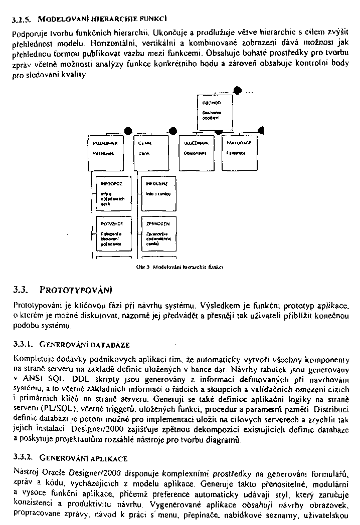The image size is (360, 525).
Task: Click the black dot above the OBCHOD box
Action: pyautogui.click(x=237, y=90)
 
